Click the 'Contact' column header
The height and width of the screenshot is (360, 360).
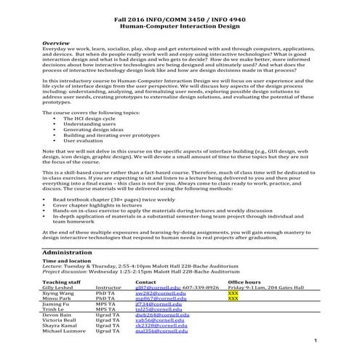pyautogui.click(x=146, y=281)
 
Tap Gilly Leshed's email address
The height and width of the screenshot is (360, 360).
pyautogui.click(x=154, y=287)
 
